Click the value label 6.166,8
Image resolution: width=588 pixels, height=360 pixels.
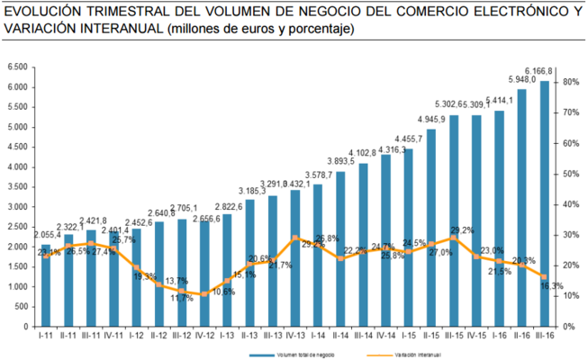point(538,71)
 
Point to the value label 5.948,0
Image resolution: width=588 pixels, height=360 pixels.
point(521,79)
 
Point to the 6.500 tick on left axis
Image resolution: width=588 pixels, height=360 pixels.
point(18,67)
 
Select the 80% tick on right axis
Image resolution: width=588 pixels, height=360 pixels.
point(569,83)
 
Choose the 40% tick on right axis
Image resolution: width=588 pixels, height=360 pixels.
point(569,204)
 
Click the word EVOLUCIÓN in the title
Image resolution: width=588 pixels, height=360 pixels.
point(45,11)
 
